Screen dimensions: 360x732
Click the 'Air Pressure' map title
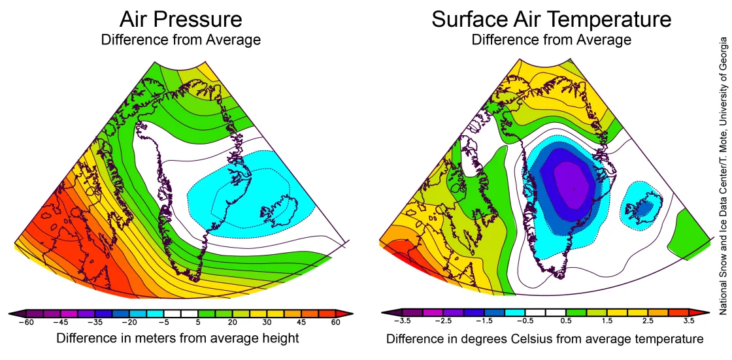[180, 19]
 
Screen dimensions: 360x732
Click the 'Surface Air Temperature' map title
[551, 19]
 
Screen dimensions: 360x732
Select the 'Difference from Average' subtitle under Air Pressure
[180, 40]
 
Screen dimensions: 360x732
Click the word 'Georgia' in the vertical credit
[724, 56]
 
